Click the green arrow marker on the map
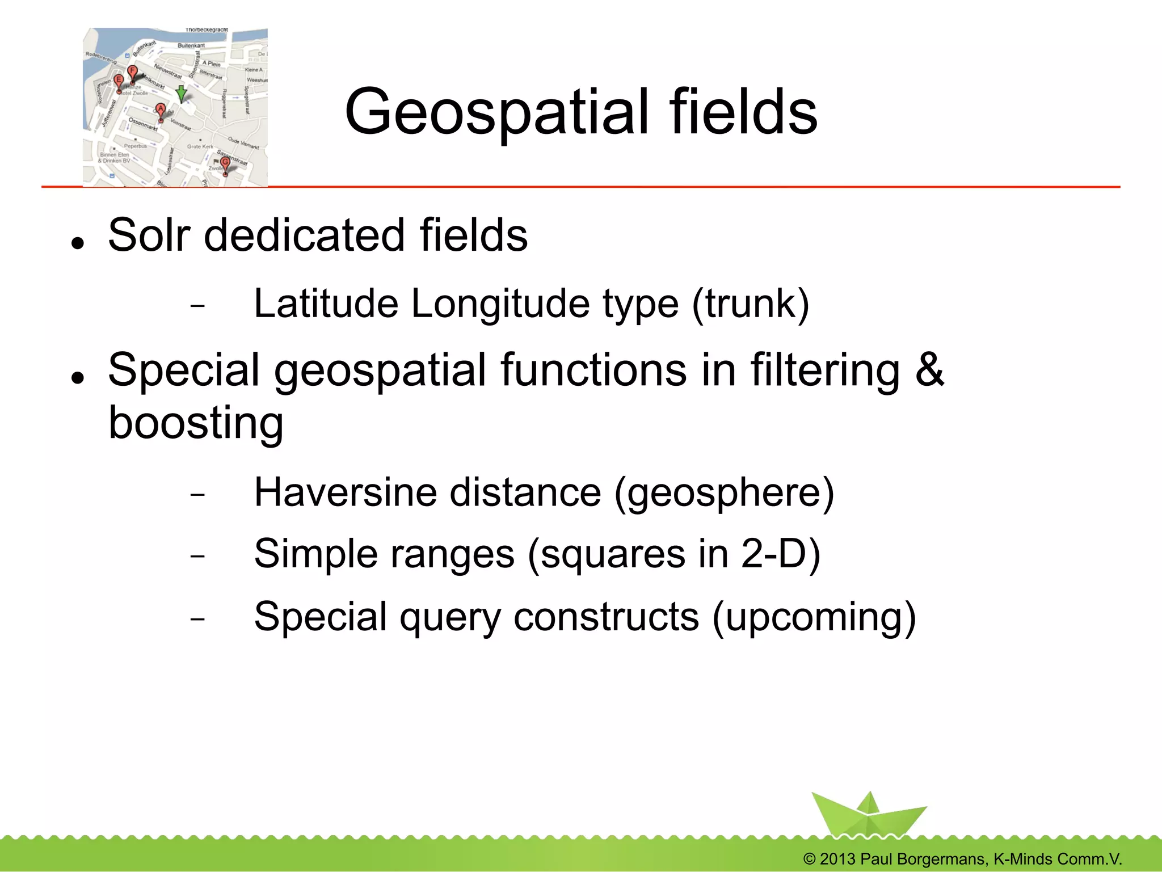181,94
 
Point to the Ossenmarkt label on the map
142,124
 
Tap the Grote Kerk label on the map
200,146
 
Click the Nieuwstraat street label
169,71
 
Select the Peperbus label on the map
136,146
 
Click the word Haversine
345,492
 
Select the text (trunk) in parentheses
750,304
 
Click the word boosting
196,423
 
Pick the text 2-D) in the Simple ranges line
781,554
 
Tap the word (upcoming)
814,617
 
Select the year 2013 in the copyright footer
837,859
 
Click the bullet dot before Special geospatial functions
78,377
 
